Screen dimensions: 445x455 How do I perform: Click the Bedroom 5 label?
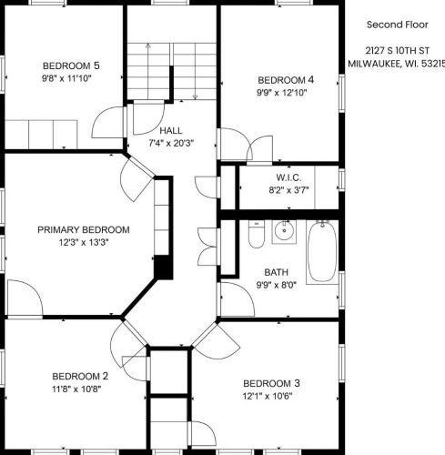tap(71, 66)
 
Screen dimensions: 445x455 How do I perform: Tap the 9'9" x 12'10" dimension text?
tap(282, 93)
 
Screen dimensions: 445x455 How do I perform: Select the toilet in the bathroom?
tap(257, 234)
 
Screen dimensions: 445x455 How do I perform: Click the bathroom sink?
tap(284, 232)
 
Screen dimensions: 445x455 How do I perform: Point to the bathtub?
tap(322, 252)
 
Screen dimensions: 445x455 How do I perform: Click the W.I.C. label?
tap(288, 177)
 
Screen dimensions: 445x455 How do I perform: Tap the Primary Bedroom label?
tap(84, 229)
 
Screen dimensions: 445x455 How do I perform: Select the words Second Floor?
tap(398, 25)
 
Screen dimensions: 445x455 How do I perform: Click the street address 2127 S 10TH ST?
tap(397, 51)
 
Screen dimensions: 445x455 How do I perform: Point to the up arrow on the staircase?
tap(148, 72)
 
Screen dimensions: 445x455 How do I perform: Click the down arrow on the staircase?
tap(195, 72)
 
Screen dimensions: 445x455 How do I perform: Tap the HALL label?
tap(171, 131)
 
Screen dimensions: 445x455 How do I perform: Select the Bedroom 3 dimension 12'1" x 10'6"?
tap(268, 396)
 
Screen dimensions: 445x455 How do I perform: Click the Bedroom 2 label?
tap(80, 377)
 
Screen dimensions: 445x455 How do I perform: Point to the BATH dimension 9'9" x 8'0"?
tap(277, 285)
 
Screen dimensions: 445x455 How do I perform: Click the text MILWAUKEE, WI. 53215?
tap(397, 64)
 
